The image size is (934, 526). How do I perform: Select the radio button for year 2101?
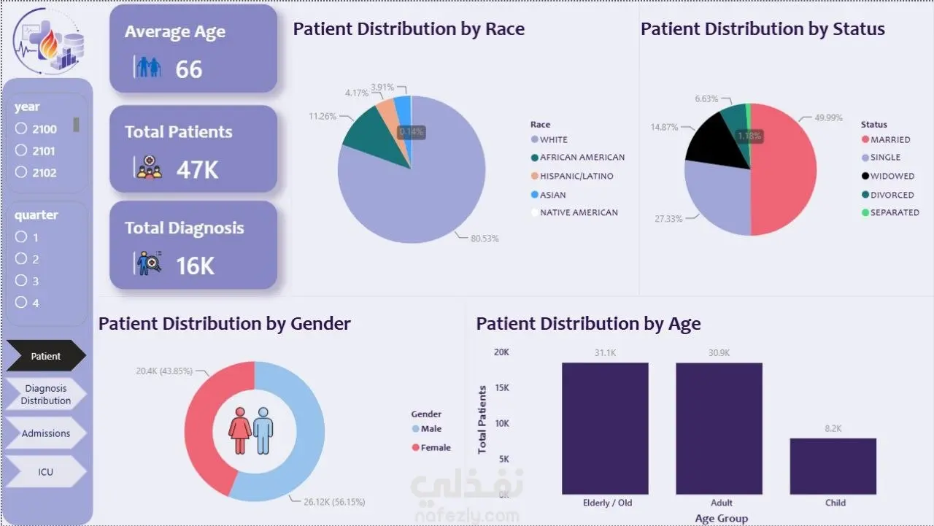[x=21, y=150]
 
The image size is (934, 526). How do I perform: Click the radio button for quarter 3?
[x=21, y=280]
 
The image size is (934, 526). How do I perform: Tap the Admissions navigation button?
[x=46, y=433]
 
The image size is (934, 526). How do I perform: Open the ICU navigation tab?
[x=46, y=471]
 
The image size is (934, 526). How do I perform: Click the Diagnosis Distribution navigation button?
[x=46, y=394]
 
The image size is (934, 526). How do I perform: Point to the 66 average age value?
[x=189, y=69]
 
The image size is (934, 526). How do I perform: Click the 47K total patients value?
[x=197, y=170]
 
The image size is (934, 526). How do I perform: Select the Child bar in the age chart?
[x=833, y=466]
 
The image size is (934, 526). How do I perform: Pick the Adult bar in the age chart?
[x=719, y=428]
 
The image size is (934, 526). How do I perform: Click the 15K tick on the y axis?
[x=502, y=387]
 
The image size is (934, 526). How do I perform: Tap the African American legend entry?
[x=578, y=157]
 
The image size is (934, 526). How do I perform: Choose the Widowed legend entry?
[x=888, y=176]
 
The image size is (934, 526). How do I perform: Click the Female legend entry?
[x=431, y=447]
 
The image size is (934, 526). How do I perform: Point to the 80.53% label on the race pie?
[x=485, y=239]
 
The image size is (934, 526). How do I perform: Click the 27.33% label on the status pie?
[x=668, y=219]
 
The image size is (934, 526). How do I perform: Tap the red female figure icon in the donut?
[x=240, y=430]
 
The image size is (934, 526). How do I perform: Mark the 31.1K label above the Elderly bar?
[x=605, y=353]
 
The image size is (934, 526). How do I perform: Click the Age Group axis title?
[x=722, y=518]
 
